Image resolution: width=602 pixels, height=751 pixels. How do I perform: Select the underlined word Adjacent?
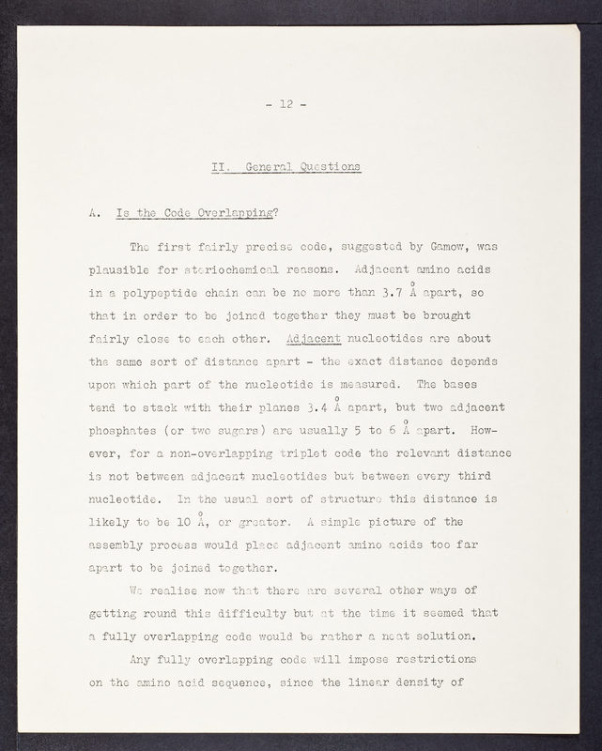(314, 338)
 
